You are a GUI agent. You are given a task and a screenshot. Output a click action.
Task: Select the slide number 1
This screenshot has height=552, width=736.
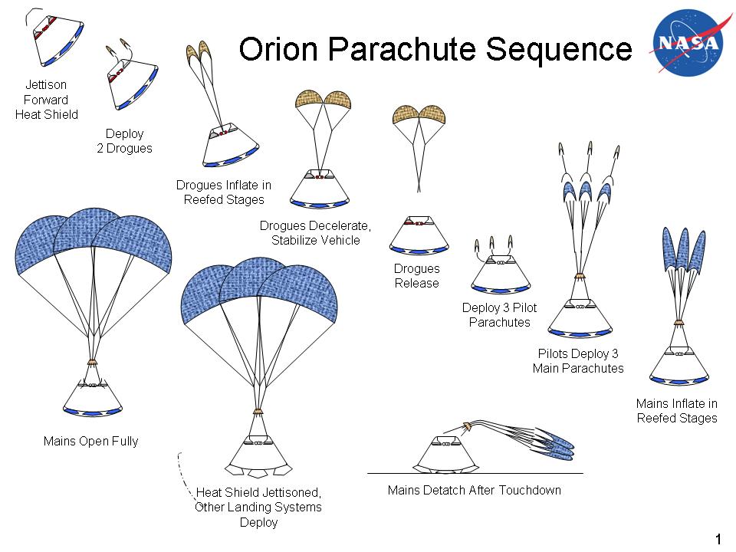click(718, 539)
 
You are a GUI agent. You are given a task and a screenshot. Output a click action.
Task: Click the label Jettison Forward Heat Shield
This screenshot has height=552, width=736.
click(47, 100)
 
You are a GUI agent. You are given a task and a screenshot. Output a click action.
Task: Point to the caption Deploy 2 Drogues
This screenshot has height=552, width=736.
click(124, 141)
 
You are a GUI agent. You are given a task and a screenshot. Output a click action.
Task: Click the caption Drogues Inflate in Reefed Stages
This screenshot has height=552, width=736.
click(224, 192)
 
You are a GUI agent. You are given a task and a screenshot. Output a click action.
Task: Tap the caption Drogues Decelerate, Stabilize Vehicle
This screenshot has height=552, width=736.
click(315, 233)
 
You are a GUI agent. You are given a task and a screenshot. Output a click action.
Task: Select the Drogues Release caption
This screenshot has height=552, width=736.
click(417, 276)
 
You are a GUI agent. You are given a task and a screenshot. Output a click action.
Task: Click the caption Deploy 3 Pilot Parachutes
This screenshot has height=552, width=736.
click(500, 315)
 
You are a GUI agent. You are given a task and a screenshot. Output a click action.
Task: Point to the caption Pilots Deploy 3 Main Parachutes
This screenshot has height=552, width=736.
click(578, 361)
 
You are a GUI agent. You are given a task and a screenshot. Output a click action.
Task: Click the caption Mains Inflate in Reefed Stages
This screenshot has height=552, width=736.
click(677, 411)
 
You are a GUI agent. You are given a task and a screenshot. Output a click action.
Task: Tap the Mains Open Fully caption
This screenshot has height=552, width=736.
click(91, 442)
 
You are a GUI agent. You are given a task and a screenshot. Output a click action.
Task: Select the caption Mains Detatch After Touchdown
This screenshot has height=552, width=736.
click(475, 490)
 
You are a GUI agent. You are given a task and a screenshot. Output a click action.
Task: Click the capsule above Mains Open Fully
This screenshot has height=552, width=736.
click(92, 397)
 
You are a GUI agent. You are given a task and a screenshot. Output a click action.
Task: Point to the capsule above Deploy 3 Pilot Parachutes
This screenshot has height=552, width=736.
click(500, 274)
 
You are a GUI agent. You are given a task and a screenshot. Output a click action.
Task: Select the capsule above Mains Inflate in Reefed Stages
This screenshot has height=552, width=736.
click(679, 364)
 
